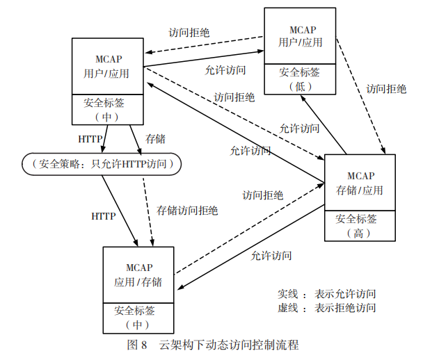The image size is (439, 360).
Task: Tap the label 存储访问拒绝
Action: [187, 211]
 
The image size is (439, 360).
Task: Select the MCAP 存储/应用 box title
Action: [359, 183]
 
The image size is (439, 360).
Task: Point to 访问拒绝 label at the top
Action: [189, 32]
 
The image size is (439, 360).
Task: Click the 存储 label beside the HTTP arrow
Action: [155, 139]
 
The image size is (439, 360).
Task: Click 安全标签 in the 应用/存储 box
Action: [138, 310]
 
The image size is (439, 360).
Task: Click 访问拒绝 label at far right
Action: [386, 88]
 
